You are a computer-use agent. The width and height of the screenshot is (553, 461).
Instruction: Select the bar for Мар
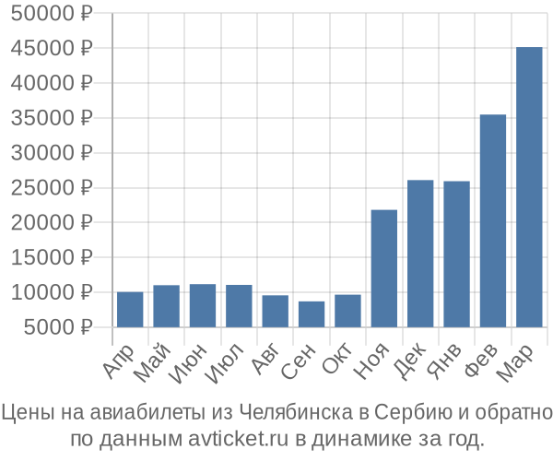529,187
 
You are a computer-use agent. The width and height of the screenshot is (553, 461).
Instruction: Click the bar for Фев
493,220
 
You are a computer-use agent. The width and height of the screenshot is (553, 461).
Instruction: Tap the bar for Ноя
383,268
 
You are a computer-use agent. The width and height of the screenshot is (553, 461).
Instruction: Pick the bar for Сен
312,313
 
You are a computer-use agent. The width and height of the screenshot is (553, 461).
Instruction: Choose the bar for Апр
130,309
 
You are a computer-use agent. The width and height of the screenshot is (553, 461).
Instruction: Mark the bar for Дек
420,254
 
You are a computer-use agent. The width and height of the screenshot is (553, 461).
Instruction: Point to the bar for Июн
203,305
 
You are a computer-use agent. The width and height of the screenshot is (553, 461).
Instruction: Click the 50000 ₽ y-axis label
53,14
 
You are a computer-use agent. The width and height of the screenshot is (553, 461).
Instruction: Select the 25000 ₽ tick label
53,188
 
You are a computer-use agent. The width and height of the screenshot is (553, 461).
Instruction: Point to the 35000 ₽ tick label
53,118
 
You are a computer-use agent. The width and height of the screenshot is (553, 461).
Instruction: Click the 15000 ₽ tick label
53,257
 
